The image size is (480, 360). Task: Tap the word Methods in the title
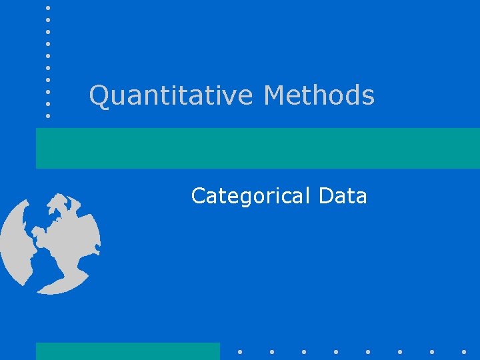click(x=319, y=95)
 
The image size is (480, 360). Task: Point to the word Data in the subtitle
click(x=343, y=196)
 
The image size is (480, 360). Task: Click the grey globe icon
click(x=51, y=243)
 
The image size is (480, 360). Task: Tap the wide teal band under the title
click(x=257, y=148)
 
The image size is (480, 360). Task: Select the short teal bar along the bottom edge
click(x=127, y=351)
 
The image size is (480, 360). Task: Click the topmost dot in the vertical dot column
click(x=48, y=8)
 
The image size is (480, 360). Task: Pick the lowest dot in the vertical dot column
click(x=48, y=115)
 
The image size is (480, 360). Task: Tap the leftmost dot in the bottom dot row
click(x=239, y=351)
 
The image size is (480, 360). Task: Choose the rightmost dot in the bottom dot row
click(x=463, y=351)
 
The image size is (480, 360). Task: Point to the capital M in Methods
click(x=275, y=95)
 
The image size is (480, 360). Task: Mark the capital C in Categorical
click(x=198, y=196)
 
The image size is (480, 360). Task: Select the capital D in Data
click(x=326, y=196)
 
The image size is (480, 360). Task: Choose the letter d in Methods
click(x=351, y=95)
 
